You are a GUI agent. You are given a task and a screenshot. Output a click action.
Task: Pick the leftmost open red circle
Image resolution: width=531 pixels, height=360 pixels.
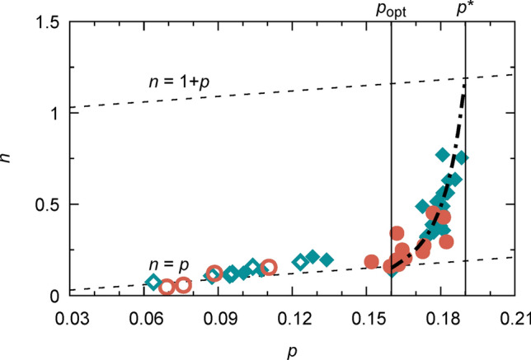[167, 287]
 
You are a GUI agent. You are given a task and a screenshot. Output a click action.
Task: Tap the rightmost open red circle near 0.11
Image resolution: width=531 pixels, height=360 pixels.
[269, 266]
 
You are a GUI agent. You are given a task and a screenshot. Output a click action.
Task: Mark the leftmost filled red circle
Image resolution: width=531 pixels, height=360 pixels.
[372, 262]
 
